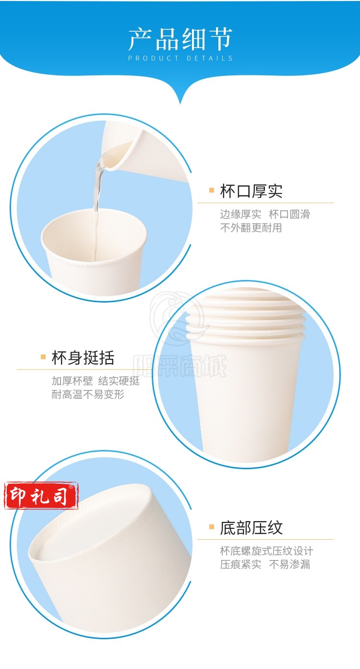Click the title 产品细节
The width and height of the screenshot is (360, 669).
click(x=180, y=39)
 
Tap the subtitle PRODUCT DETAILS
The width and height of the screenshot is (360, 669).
click(x=180, y=58)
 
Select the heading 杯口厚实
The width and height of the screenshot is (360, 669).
click(x=251, y=191)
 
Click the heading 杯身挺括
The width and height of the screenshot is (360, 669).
click(x=83, y=357)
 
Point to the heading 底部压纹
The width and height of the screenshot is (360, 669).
click(x=251, y=528)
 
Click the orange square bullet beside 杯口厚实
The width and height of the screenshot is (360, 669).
click(x=212, y=190)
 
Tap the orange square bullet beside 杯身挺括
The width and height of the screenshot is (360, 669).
click(x=43, y=357)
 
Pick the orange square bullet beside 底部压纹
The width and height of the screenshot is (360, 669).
click(x=212, y=527)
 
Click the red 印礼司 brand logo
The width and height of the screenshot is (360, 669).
click(x=41, y=496)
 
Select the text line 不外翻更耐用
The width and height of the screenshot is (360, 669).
click(x=251, y=228)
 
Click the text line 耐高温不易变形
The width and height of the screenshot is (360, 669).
click(x=88, y=394)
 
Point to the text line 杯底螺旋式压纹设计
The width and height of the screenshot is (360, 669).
click(x=266, y=551)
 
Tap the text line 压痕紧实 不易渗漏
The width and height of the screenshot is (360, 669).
click(x=265, y=564)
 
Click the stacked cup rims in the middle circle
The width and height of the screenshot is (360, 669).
click(x=246, y=316)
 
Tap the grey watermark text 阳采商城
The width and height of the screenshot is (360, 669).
click(x=180, y=366)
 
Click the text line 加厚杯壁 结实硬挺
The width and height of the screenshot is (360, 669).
click(x=96, y=381)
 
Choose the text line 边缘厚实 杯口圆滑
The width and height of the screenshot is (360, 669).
click(x=265, y=214)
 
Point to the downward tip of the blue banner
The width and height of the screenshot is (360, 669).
click(x=180, y=103)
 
